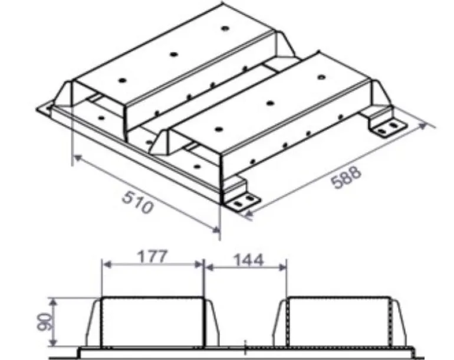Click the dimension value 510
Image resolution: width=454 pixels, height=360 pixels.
(x=137, y=202)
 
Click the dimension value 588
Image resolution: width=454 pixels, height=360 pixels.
(x=346, y=177)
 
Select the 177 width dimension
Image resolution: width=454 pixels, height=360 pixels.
(x=152, y=257)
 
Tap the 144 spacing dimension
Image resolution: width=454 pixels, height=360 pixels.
(x=248, y=260)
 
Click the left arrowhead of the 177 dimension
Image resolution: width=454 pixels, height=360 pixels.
(x=107, y=264)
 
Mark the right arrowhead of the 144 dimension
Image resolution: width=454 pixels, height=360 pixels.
(x=282, y=268)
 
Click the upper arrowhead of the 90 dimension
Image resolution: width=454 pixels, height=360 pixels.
(x=53, y=302)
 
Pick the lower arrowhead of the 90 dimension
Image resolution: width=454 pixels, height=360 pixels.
(x=53, y=342)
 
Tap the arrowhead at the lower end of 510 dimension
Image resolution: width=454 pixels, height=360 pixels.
(x=216, y=230)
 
